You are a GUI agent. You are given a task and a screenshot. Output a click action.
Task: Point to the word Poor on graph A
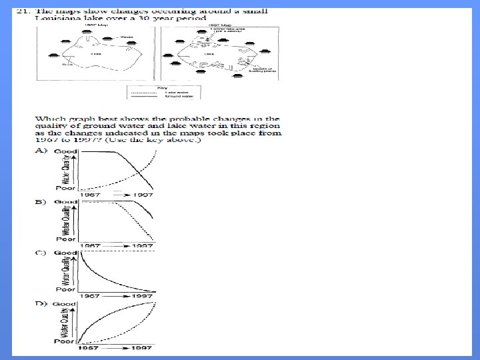point(65,188)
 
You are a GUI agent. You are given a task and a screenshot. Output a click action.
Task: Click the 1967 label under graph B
point(91,245)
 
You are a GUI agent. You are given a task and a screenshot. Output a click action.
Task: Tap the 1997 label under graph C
point(143,296)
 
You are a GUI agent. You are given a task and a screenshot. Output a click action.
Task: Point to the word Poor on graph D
point(65,339)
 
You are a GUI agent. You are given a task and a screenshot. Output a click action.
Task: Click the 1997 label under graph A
point(143,195)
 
